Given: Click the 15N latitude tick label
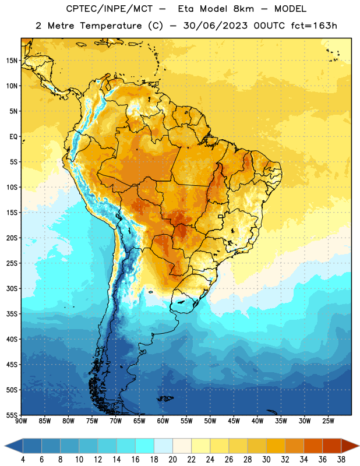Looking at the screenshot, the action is click(12, 61).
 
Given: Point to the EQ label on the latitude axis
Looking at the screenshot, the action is click(13, 137).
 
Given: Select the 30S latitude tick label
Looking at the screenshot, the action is click(12, 288).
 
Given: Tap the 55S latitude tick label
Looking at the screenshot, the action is click(12, 415).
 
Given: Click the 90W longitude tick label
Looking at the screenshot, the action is click(21, 421).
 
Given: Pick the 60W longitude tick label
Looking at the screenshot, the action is click(163, 421).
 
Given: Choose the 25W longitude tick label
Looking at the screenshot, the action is click(328, 421).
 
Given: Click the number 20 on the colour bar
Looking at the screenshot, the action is click(172, 460).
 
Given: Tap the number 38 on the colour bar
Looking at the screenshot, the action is click(341, 460).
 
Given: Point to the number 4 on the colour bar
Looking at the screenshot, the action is click(23, 460).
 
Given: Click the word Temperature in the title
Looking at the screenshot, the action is click(111, 26).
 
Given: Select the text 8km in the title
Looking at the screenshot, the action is click(243, 9).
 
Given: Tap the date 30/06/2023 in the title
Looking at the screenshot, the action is click(215, 26).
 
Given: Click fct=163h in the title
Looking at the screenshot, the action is click(314, 26).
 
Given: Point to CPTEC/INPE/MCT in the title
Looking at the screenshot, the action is click(109, 9).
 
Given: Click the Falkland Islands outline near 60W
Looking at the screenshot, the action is click(165, 398).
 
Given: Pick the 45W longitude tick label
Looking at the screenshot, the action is click(234, 421).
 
